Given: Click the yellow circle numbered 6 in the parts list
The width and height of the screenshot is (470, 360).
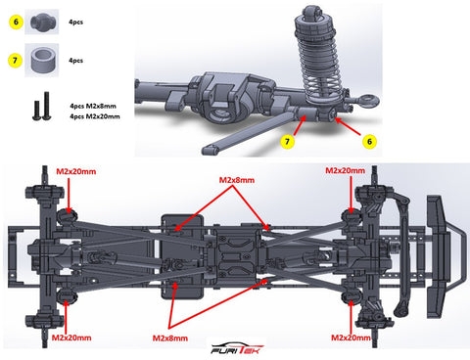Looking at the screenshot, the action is (x=16, y=22).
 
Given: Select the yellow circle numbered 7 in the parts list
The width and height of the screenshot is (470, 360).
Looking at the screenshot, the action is (x=15, y=61).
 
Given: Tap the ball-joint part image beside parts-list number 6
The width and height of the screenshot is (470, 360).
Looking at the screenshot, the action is (x=43, y=22).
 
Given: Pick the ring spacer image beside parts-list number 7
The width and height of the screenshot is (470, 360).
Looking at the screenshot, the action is (x=43, y=61).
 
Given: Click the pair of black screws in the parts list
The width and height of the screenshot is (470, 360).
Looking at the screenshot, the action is (x=42, y=106).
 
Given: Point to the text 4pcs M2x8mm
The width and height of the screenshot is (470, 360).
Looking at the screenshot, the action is (x=93, y=106).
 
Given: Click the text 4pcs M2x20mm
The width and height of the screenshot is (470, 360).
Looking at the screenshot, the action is (x=95, y=116).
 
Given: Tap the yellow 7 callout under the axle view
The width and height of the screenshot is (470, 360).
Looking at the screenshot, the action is (x=287, y=142).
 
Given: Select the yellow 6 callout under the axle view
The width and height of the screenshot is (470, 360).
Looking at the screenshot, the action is (x=369, y=142).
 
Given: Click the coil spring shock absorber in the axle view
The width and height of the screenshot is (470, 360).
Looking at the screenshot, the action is (x=315, y=57).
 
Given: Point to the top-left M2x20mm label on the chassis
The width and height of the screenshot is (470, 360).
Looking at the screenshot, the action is (x=76, y=171).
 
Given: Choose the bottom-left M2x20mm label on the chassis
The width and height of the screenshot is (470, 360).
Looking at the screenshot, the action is (x=71, y=337).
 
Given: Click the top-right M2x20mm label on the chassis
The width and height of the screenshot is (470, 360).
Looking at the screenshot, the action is (x=346, y=170).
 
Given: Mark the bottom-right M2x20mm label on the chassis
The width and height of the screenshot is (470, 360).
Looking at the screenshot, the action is (x=351, y=337).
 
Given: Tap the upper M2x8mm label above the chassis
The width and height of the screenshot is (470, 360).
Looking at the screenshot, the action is (x=237, y=180).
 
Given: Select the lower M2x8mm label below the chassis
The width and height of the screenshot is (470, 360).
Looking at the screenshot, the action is (x=170, y=338).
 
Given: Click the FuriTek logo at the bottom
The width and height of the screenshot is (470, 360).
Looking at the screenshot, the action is (x=237, y=349).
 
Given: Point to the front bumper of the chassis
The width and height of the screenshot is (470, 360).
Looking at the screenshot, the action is (x=446, y=256).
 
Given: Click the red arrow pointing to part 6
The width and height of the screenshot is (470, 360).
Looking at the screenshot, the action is (x=348, y=126).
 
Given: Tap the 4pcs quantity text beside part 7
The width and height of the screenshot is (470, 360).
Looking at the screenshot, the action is (x=75, y=61).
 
